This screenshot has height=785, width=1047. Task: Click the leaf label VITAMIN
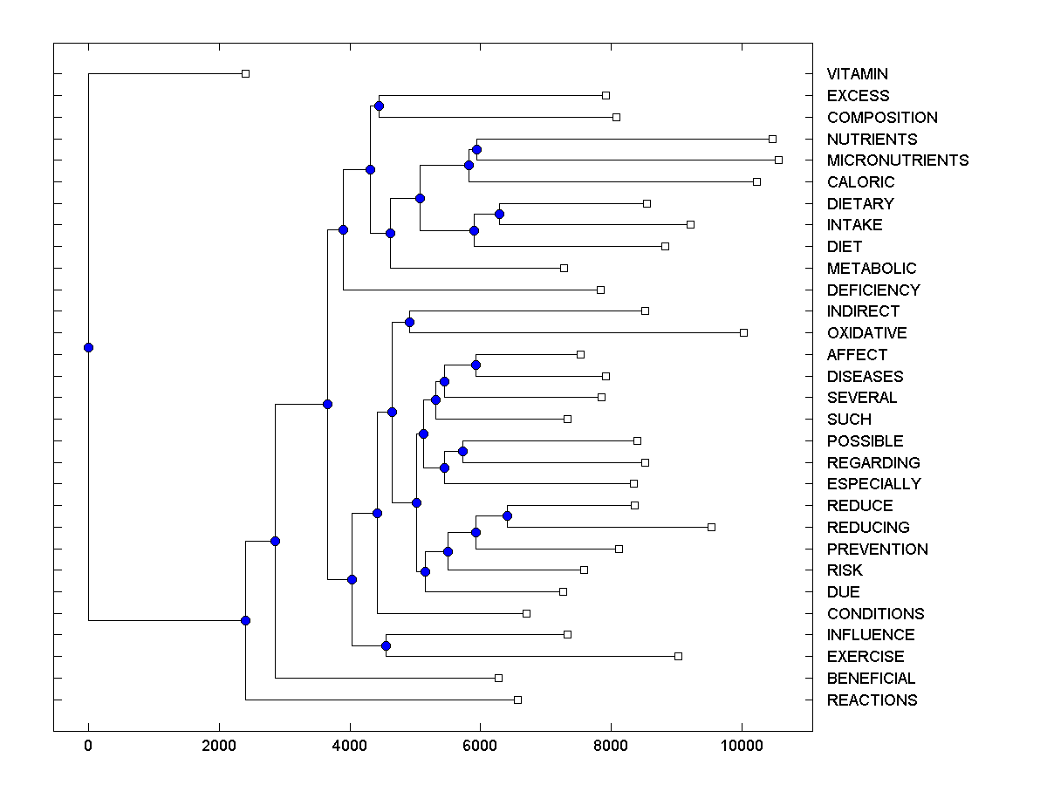tap(858, 74)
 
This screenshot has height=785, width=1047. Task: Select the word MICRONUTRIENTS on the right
tap(898, 160)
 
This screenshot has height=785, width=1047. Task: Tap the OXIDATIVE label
tap(866, 333)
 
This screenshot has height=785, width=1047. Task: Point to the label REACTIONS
tap(872, 700)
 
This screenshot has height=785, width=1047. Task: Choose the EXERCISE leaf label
tap(866, 657)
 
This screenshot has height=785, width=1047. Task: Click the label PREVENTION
tap(877, 549)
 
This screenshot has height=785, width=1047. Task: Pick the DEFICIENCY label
tap(873, 290)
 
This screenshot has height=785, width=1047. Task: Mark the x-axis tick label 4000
tap(349, 746)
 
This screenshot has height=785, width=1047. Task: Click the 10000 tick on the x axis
tap(742, 746)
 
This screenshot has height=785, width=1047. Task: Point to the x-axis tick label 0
tap(88, 746)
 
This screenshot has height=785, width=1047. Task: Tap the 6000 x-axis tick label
tap(480, 746)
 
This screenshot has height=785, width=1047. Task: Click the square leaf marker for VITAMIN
tap(245, 73)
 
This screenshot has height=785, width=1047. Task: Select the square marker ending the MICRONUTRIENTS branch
tap(778, 160)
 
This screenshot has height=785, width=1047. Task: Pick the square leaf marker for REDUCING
tap(711, 527)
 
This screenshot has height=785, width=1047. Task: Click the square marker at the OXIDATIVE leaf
tap(743, 332)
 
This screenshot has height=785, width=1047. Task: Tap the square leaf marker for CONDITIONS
tap(526, 613)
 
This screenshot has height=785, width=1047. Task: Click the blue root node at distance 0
tap(88, 347)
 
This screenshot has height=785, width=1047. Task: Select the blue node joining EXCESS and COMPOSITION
tap(379, 106)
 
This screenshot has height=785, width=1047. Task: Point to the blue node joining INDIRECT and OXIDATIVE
tap(409, 322)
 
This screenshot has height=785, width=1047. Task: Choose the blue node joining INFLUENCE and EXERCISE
tap(386, 645)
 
